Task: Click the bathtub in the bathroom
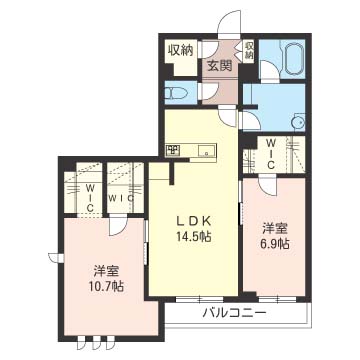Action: (293, 57)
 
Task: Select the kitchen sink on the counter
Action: (206, 151)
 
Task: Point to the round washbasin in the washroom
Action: (298, 122)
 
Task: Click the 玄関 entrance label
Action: (220, 66)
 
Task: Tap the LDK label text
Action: (193, 221)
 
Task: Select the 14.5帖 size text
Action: (193, 237)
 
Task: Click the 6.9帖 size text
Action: (275, 244)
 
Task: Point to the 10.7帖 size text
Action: (106, 286)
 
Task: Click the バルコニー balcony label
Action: (235, 313)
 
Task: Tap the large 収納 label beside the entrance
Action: (181, 50)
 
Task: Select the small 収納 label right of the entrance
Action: (249, 50)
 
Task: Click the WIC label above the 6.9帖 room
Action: (272, 154)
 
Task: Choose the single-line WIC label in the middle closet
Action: (121, 198)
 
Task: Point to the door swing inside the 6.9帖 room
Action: (268, 187)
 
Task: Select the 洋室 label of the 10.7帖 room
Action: (106, 271)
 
